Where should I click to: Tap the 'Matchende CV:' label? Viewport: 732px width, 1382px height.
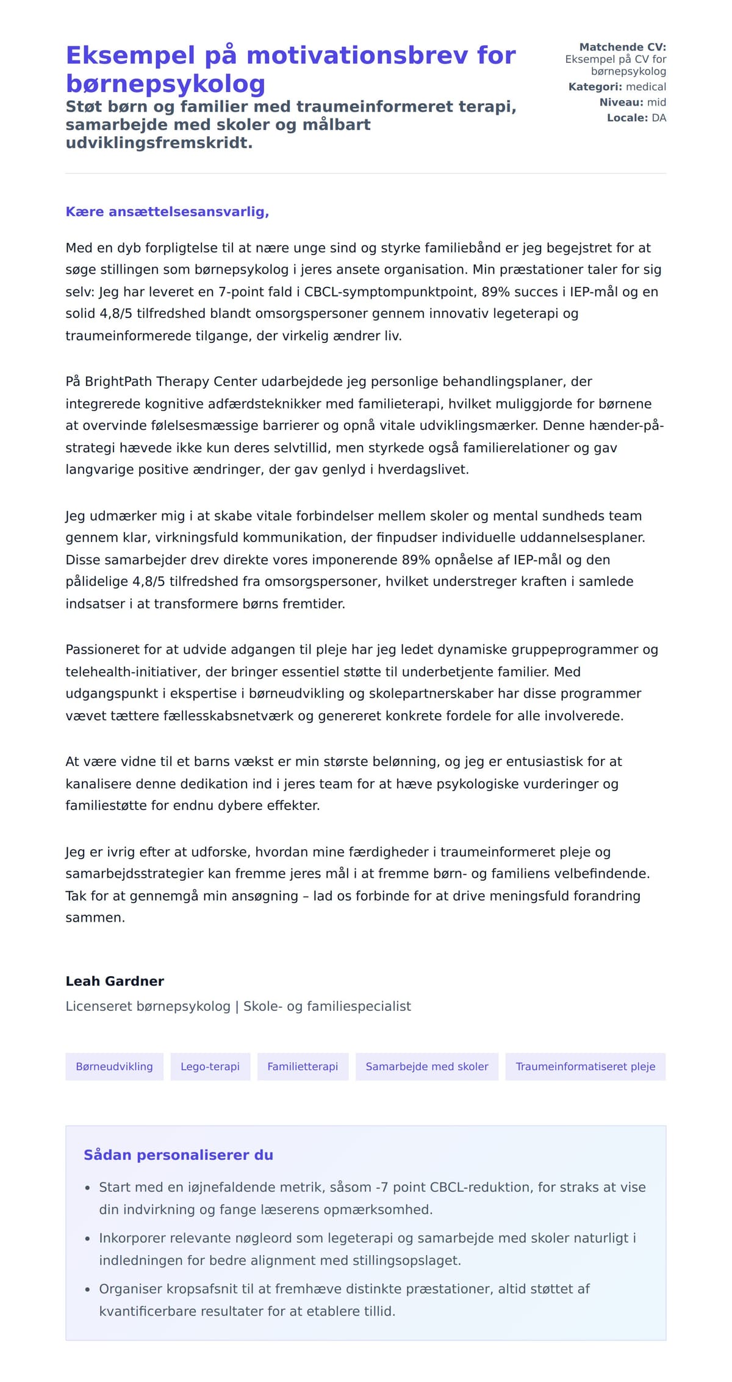click(x=622, y=47)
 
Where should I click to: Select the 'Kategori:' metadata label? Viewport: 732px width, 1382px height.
click(x=595, y=87)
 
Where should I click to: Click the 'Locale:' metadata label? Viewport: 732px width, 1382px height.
click(x=627, y=118)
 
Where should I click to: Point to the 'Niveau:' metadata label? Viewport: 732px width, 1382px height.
click(x=621, y=103)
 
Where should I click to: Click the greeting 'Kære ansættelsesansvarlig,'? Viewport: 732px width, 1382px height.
click(x=167, y=212)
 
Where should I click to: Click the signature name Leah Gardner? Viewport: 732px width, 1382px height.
click(x=115, y=981)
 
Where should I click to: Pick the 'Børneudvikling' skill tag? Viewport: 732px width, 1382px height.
click(x=114, y=1066)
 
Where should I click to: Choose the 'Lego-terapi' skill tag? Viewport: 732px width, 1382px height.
click(x=210, y=1066)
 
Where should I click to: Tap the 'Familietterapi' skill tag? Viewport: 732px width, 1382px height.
click(x=303, y=1066)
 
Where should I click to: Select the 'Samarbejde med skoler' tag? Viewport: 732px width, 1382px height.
click(x=427, y=1066)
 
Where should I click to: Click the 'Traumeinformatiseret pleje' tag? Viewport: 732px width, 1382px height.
click(x=585, y=1066)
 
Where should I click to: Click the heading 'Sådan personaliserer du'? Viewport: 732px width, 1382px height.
click(x=178, y=1155)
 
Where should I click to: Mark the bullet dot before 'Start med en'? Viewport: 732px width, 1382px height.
click(x=87, y=1188)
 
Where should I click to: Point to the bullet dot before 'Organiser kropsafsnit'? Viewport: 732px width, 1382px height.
click(x=87, y=1290)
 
